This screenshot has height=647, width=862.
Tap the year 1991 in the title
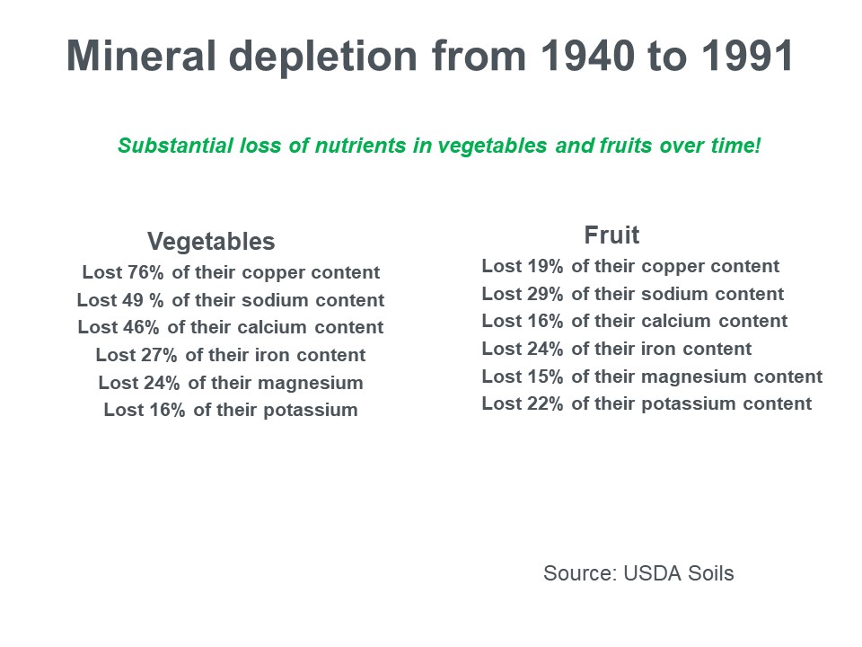click(747, 57)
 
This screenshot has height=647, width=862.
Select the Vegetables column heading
click(211, 242)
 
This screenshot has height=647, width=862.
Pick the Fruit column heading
click(611, 235)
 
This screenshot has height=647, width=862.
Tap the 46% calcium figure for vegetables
click(142, 327)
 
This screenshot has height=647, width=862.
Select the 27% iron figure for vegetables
click(161, 355)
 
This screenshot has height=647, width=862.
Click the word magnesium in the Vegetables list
click(311, 383)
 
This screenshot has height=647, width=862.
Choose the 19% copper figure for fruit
click(545, 267)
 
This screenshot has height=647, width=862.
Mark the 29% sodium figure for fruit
click(545, 294)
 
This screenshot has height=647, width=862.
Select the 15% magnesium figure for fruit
click(545, 377)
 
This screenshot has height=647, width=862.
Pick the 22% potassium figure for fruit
click(545, 404)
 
